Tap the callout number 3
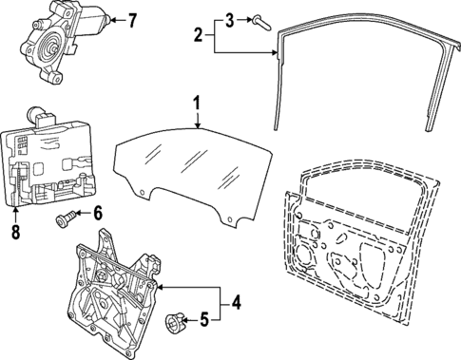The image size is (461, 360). (x=229, y=18)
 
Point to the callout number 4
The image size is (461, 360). (x=237, y=305)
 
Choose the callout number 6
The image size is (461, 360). (x=96, y=215)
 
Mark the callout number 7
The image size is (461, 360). (x=132, y=19)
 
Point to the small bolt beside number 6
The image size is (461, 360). (x=67, y=219)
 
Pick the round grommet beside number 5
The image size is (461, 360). (x=174, y=323)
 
